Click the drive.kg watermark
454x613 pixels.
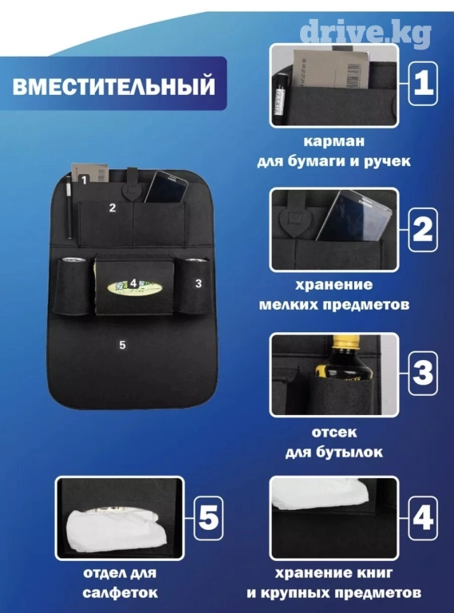pos(365,33)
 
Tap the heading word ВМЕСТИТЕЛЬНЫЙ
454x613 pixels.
pos(113,86)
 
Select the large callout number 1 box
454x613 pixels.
pos(423,84)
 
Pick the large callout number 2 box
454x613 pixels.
pos(423,230)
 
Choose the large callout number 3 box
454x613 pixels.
pos(423,374)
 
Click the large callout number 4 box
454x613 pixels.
pos(423,517)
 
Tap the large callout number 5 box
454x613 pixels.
pos(208,517)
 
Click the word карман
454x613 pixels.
pos(334,141)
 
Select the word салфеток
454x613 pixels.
pos(120,592)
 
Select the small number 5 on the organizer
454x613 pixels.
pos(123,345)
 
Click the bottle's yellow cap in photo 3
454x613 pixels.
pos(344,342)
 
